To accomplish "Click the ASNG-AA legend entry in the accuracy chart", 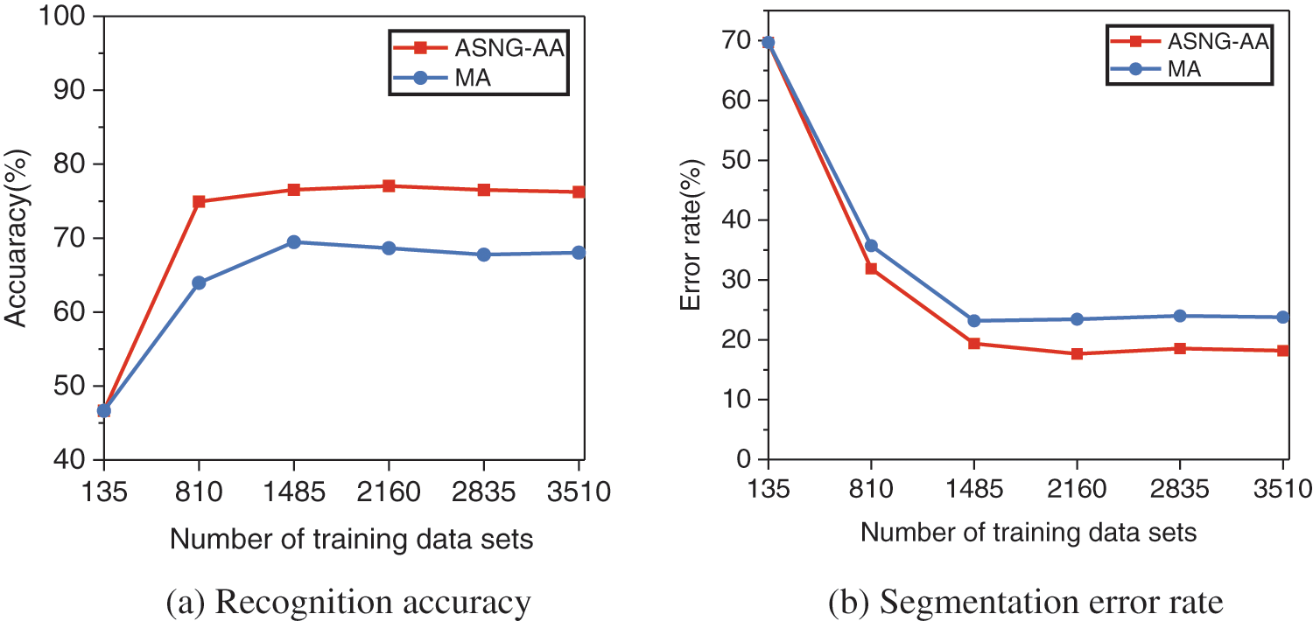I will (x=477, y=48).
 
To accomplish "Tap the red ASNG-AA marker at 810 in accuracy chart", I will (x=199, y=201).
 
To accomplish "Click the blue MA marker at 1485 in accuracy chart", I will (x=293, y=241).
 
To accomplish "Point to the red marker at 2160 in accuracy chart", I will (x=388, y=186).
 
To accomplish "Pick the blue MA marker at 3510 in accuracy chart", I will (x=579, y=253).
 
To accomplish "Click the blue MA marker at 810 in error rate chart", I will (x=871, y=246).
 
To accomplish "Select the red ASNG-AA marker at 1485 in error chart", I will (x=973, y=343).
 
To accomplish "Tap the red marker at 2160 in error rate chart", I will (x=1077, y=353).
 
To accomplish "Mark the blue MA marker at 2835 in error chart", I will (x=1180, y=316).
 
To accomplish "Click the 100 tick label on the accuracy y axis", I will (x=67, y=17).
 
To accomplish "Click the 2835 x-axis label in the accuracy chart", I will (x=484, y=494).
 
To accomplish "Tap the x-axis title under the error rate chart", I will (x=1028, y=532).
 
